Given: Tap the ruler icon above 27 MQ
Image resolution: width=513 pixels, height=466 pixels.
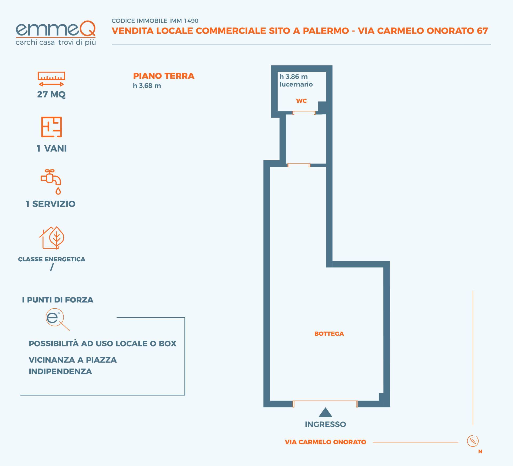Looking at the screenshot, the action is point(51,79).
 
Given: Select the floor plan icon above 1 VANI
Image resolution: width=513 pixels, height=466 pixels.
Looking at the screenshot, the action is point(51,127).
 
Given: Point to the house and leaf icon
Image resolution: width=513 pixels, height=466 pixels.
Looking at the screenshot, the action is point(52,238).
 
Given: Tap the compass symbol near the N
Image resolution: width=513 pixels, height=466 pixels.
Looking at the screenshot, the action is point(473,441).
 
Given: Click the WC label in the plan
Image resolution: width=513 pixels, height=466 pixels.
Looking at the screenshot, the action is point(301,101).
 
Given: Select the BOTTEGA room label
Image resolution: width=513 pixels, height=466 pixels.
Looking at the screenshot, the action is point(329,334).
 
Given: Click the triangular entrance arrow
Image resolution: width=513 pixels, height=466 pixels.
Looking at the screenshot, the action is point(325,413).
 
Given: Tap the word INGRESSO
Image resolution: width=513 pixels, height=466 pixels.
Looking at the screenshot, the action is point(325,424).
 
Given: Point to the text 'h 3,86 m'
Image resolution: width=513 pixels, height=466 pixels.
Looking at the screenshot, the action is point(294,77).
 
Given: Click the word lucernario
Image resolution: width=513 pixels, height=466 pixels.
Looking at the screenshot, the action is point(296,84).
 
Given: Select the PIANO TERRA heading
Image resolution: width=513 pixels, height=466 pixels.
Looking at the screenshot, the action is point(164,76).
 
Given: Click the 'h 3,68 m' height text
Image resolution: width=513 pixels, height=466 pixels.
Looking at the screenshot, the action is point(147,86).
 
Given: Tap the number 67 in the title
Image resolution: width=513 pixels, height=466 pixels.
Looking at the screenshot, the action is point(483,31).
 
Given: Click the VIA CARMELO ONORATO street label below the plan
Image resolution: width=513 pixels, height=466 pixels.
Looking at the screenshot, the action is point(325,442).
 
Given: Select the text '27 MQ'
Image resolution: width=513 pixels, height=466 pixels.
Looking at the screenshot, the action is point(51,94).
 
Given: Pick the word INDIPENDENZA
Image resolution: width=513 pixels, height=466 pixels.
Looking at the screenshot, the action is point(60,371).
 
